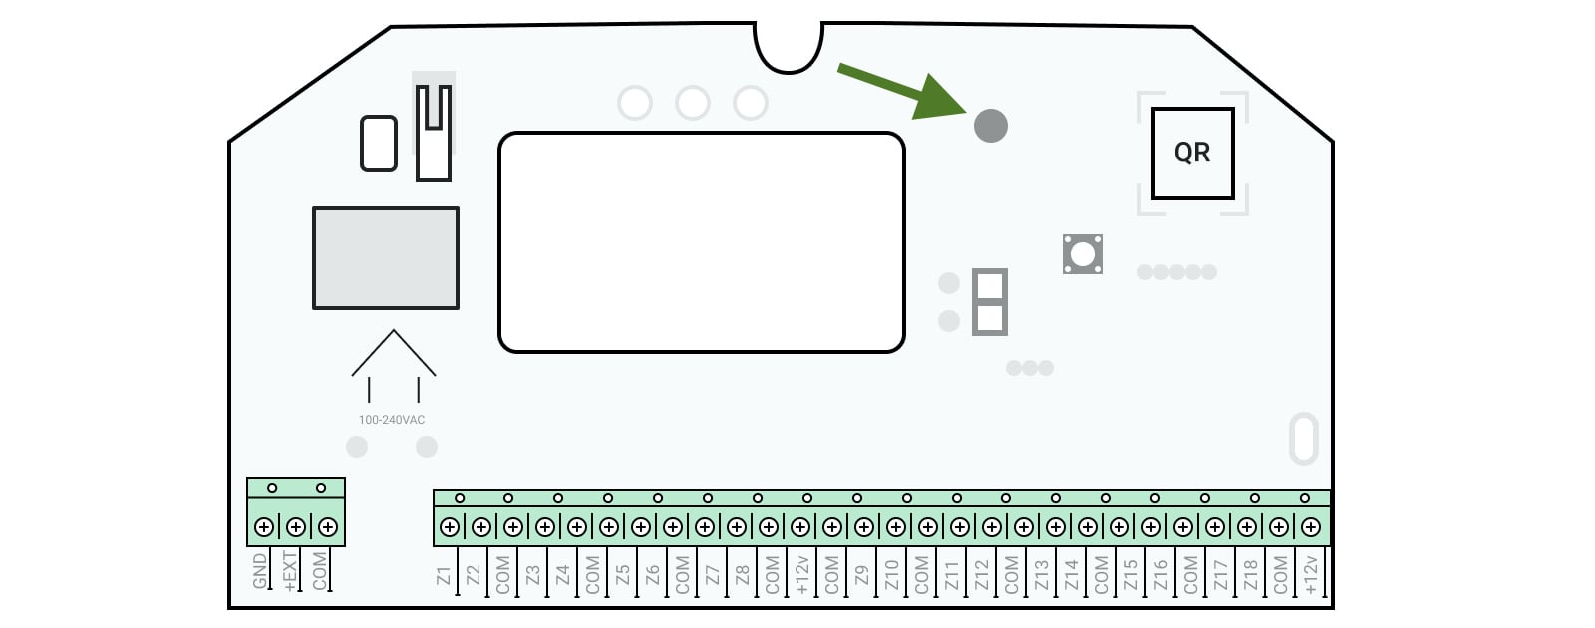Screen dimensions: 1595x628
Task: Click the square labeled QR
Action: [1192, 154]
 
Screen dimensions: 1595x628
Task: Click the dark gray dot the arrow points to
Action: [991, 126]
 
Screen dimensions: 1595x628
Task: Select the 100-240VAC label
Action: [392, 420]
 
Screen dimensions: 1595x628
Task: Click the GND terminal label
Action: [260, 571]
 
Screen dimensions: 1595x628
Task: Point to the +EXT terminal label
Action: [290, 571]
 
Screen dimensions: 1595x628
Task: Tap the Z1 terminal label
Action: [444, 576]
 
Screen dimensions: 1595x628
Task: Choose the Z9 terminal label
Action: [862, 576]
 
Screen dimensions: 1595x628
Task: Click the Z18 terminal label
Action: [1251, 575]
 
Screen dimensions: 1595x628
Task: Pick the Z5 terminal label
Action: [623, 576]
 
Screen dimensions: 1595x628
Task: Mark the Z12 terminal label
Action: [982, 575]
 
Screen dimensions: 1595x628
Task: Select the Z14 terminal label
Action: [1072, 575]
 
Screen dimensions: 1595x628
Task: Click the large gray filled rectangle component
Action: [386, 258]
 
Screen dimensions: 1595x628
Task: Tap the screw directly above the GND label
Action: [264, 527]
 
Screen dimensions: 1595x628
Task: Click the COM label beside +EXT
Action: [320, 571]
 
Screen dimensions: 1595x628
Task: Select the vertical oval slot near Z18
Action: [1304, 439]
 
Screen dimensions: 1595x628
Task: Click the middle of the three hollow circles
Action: [693, 104]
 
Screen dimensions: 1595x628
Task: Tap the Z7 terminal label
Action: [713, 576]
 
